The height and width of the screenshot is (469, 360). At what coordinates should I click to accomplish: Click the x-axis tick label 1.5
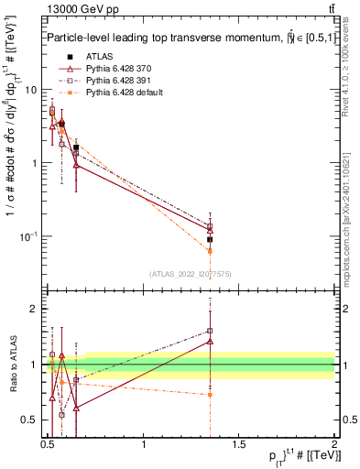(239, 444)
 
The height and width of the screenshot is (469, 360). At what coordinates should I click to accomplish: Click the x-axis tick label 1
(144, 444)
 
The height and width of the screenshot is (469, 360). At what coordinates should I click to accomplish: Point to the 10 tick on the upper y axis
(31, 90)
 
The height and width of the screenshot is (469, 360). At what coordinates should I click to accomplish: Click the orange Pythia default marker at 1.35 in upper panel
(210, 250)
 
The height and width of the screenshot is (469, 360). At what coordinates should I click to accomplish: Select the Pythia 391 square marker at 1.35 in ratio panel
(210, 331)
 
